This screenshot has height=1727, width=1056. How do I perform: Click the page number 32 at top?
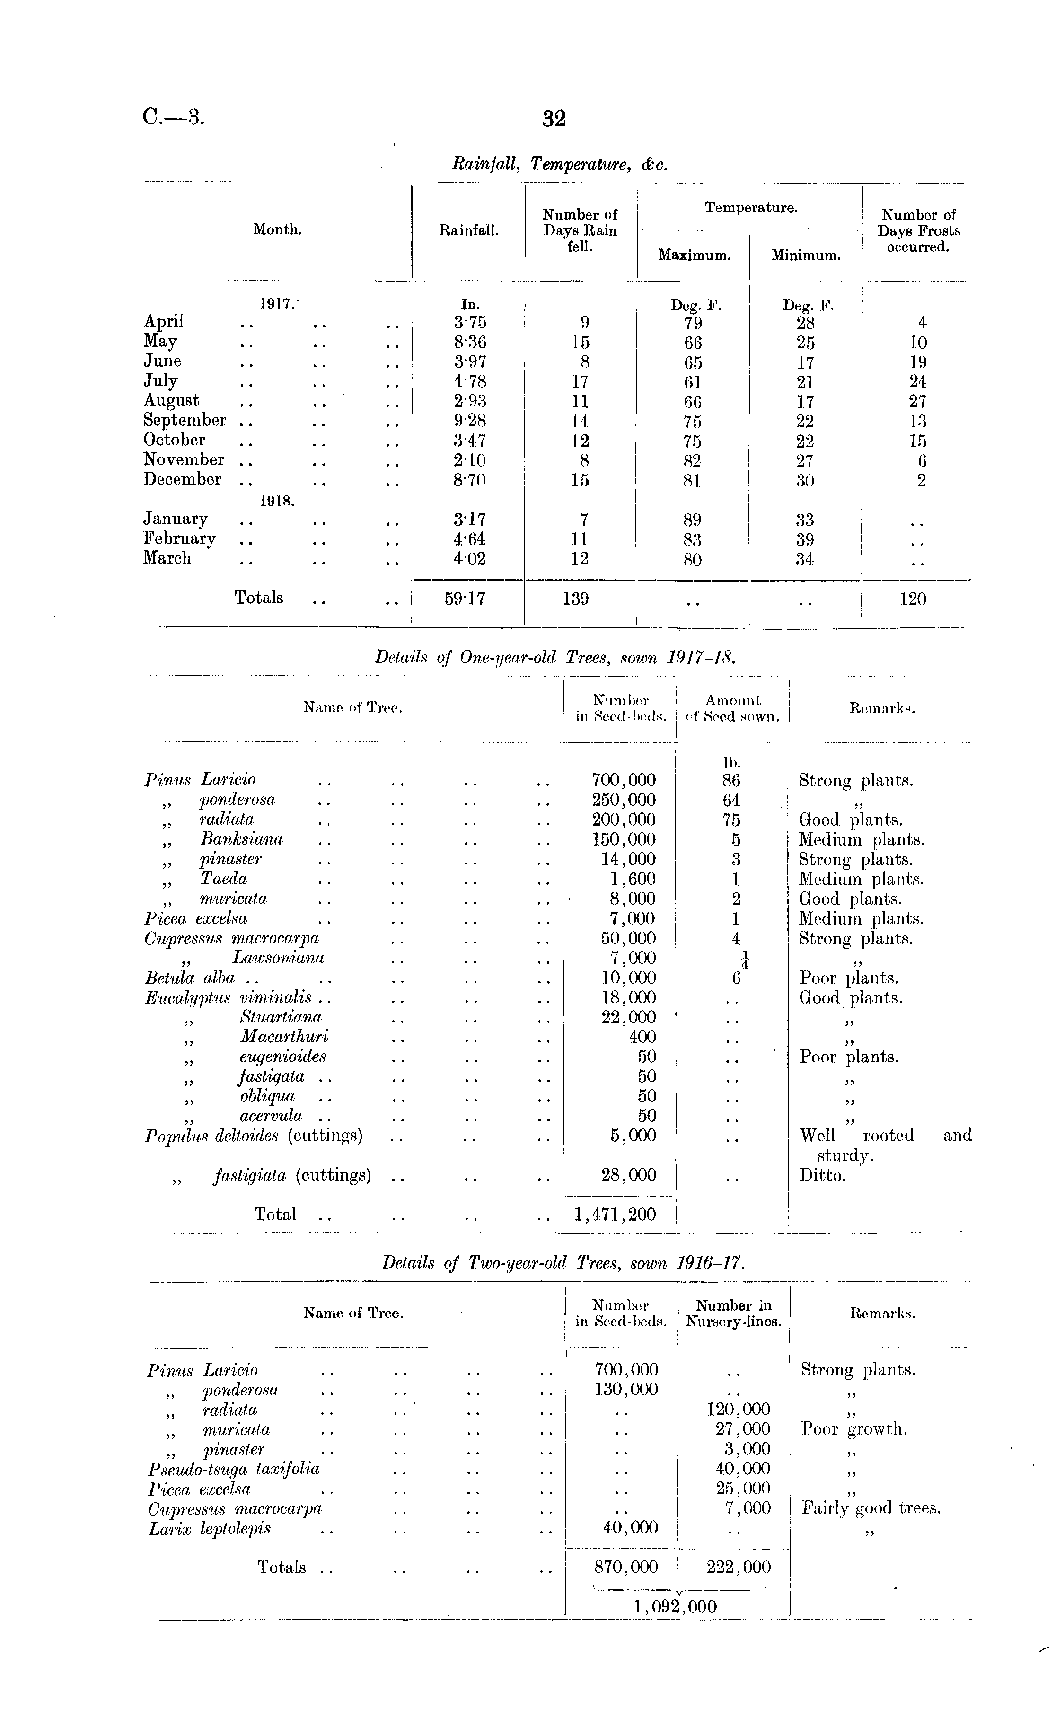554,118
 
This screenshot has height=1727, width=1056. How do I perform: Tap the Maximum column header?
694,256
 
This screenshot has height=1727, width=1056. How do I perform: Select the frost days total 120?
912,599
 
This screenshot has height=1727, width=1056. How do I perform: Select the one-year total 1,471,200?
615,1214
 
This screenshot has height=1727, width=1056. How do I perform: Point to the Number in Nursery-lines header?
733,1313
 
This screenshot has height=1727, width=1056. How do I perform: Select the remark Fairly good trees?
871,1508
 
